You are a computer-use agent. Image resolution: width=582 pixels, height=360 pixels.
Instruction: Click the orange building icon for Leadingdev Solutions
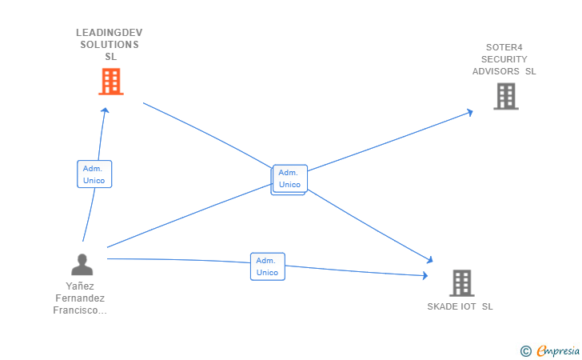click(111, 82)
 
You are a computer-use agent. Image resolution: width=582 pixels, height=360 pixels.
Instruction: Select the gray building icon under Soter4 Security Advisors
click(505, 97)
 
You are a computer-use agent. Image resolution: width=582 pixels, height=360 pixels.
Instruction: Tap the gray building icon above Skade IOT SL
click(461, 282)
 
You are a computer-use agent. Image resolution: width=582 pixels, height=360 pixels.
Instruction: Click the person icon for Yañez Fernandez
click(82, 264)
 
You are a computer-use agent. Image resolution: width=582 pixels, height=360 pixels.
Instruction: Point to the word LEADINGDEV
click(110, 33)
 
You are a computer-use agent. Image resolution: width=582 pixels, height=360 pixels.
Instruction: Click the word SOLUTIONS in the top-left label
click(110, 45)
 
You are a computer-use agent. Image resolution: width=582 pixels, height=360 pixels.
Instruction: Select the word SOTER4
click(504, 47)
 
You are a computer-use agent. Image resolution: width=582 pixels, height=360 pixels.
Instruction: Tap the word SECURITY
click(504, 59)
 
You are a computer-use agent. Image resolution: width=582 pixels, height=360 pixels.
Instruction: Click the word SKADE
click(442, 306)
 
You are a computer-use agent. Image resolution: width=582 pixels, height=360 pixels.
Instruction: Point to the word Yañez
click(80, 286)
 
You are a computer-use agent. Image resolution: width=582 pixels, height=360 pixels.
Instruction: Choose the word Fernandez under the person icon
click(80, 298)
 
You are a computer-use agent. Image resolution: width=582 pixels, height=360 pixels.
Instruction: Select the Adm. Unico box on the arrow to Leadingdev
click(94, 174)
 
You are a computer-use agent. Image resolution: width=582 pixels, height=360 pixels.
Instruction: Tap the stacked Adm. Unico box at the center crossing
click(289, 178)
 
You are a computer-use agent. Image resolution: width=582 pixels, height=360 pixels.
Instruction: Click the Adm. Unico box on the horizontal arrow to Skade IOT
click(267, 266)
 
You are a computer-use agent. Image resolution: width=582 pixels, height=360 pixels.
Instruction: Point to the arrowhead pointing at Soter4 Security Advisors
click(470, 112)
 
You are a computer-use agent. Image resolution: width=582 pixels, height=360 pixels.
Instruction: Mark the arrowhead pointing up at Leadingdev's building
click(106, 110)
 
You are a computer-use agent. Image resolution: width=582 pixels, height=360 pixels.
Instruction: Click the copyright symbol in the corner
click(525, 350)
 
